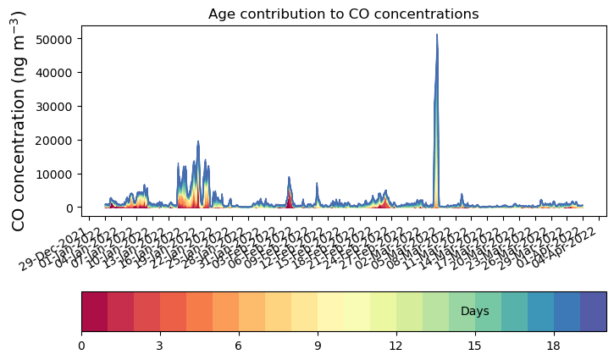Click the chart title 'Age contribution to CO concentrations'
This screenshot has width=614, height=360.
343,14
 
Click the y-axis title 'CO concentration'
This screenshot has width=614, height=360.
19,120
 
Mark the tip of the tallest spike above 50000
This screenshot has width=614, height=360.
437,35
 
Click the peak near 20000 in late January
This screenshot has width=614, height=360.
198,141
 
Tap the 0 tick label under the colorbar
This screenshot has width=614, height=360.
81,346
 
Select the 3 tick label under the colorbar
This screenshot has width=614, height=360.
160,346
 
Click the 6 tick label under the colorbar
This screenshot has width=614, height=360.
239,346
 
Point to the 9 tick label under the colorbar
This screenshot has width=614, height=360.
318,346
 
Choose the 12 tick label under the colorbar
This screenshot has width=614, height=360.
396,346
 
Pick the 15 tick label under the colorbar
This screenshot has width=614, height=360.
475,346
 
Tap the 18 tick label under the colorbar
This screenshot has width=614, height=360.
554,346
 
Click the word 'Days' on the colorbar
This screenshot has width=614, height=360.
475,312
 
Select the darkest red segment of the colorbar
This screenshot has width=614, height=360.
94,312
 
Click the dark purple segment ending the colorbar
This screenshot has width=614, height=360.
594,312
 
